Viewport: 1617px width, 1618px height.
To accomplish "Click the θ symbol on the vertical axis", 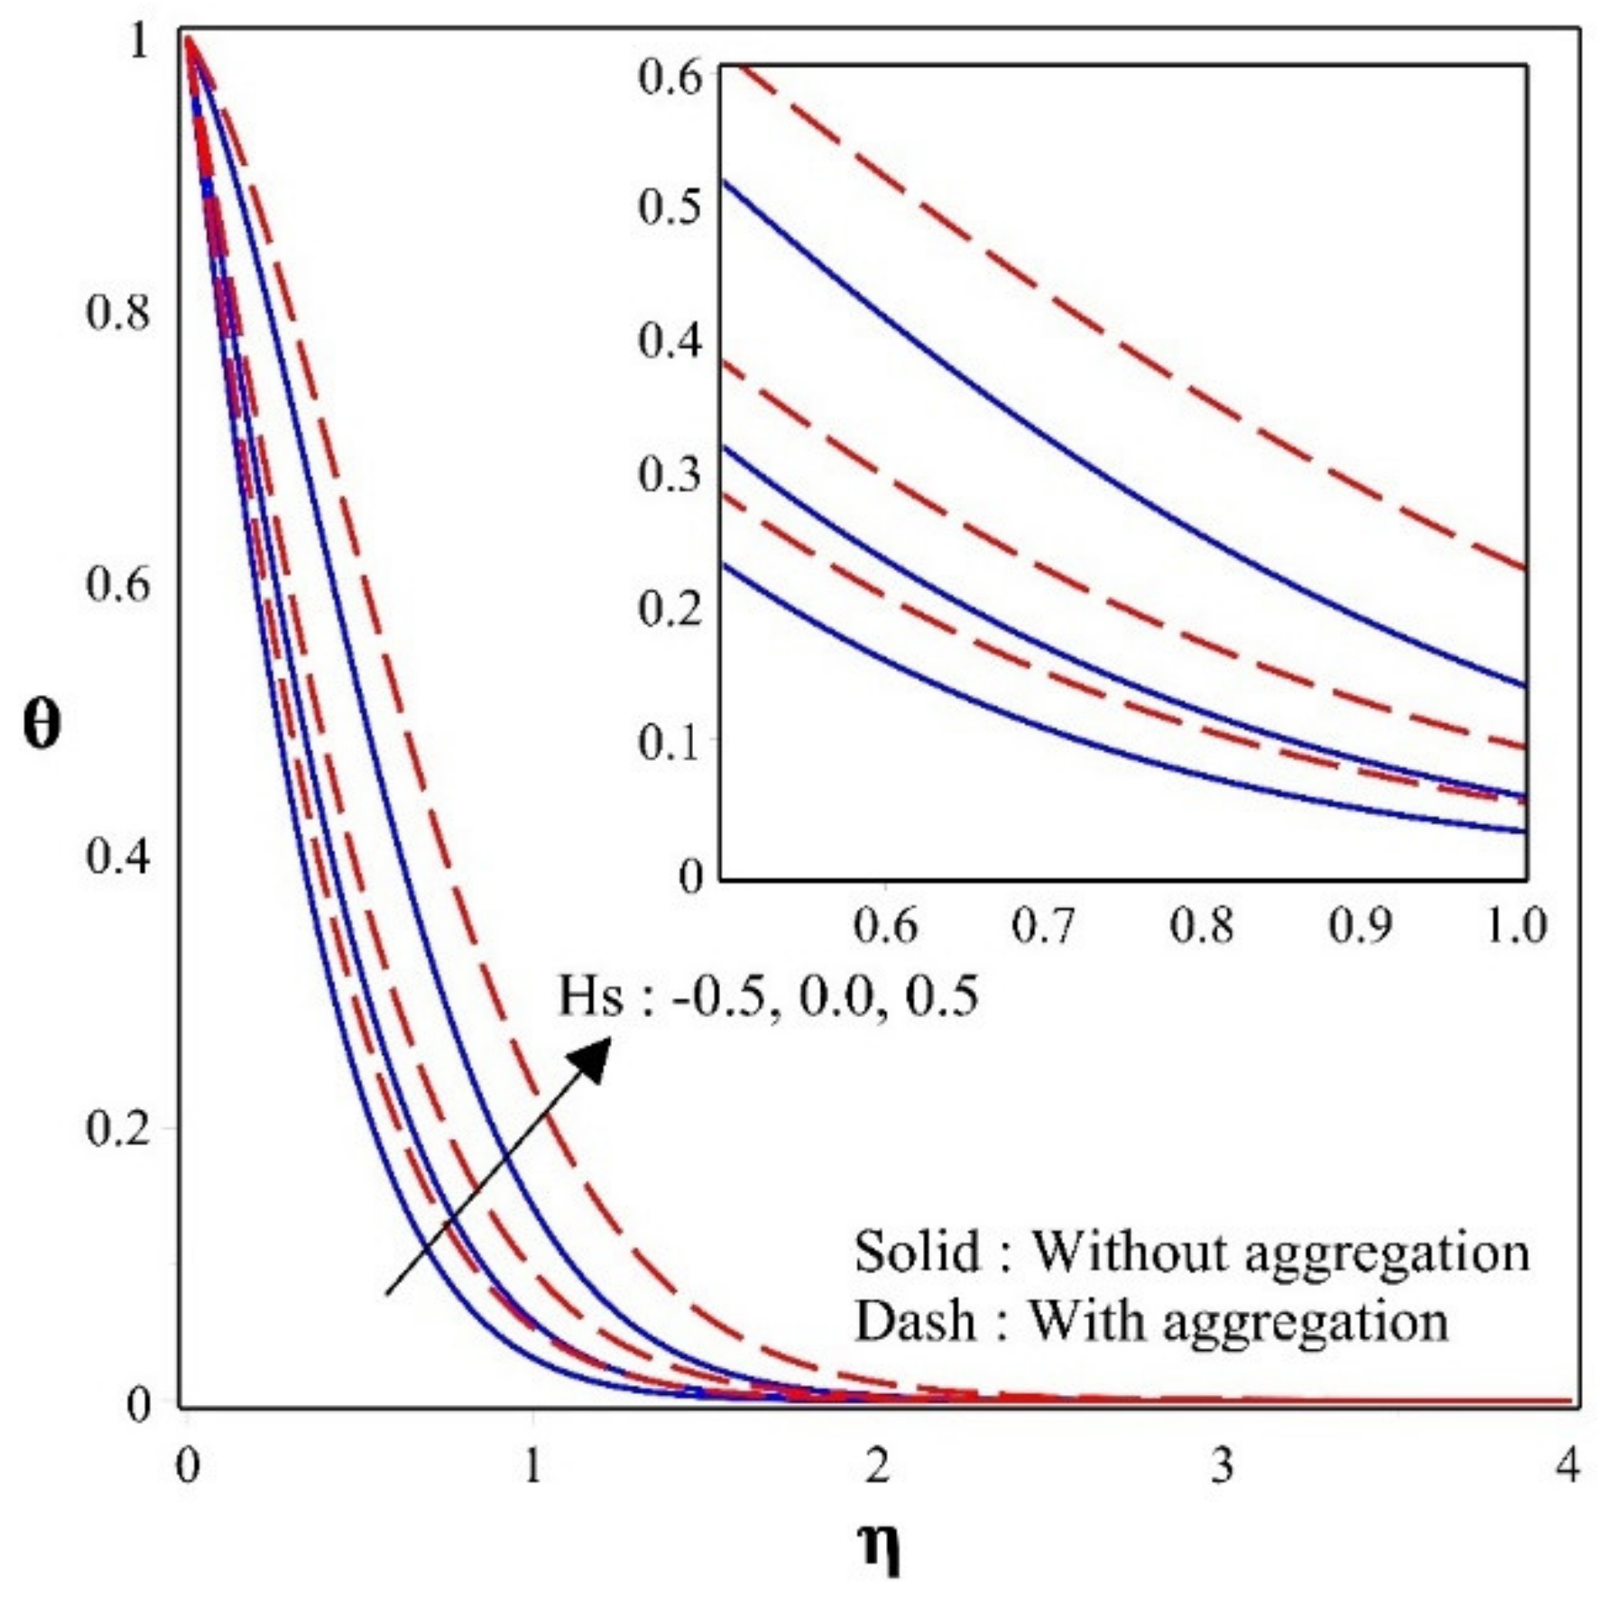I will [x=42, y=726].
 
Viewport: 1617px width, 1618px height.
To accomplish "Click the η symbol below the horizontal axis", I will [x=877, y=1549].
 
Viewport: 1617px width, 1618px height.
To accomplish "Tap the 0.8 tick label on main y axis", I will [x=117, y=314].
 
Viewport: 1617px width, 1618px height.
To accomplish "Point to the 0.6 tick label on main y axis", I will [x=117, y=585].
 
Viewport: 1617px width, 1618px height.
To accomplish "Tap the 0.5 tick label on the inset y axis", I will [x=670, y=208].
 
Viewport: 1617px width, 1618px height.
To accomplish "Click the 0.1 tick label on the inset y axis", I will [x=670, y=742].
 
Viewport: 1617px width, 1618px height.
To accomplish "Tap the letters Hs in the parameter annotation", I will [x=590, y=998].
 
